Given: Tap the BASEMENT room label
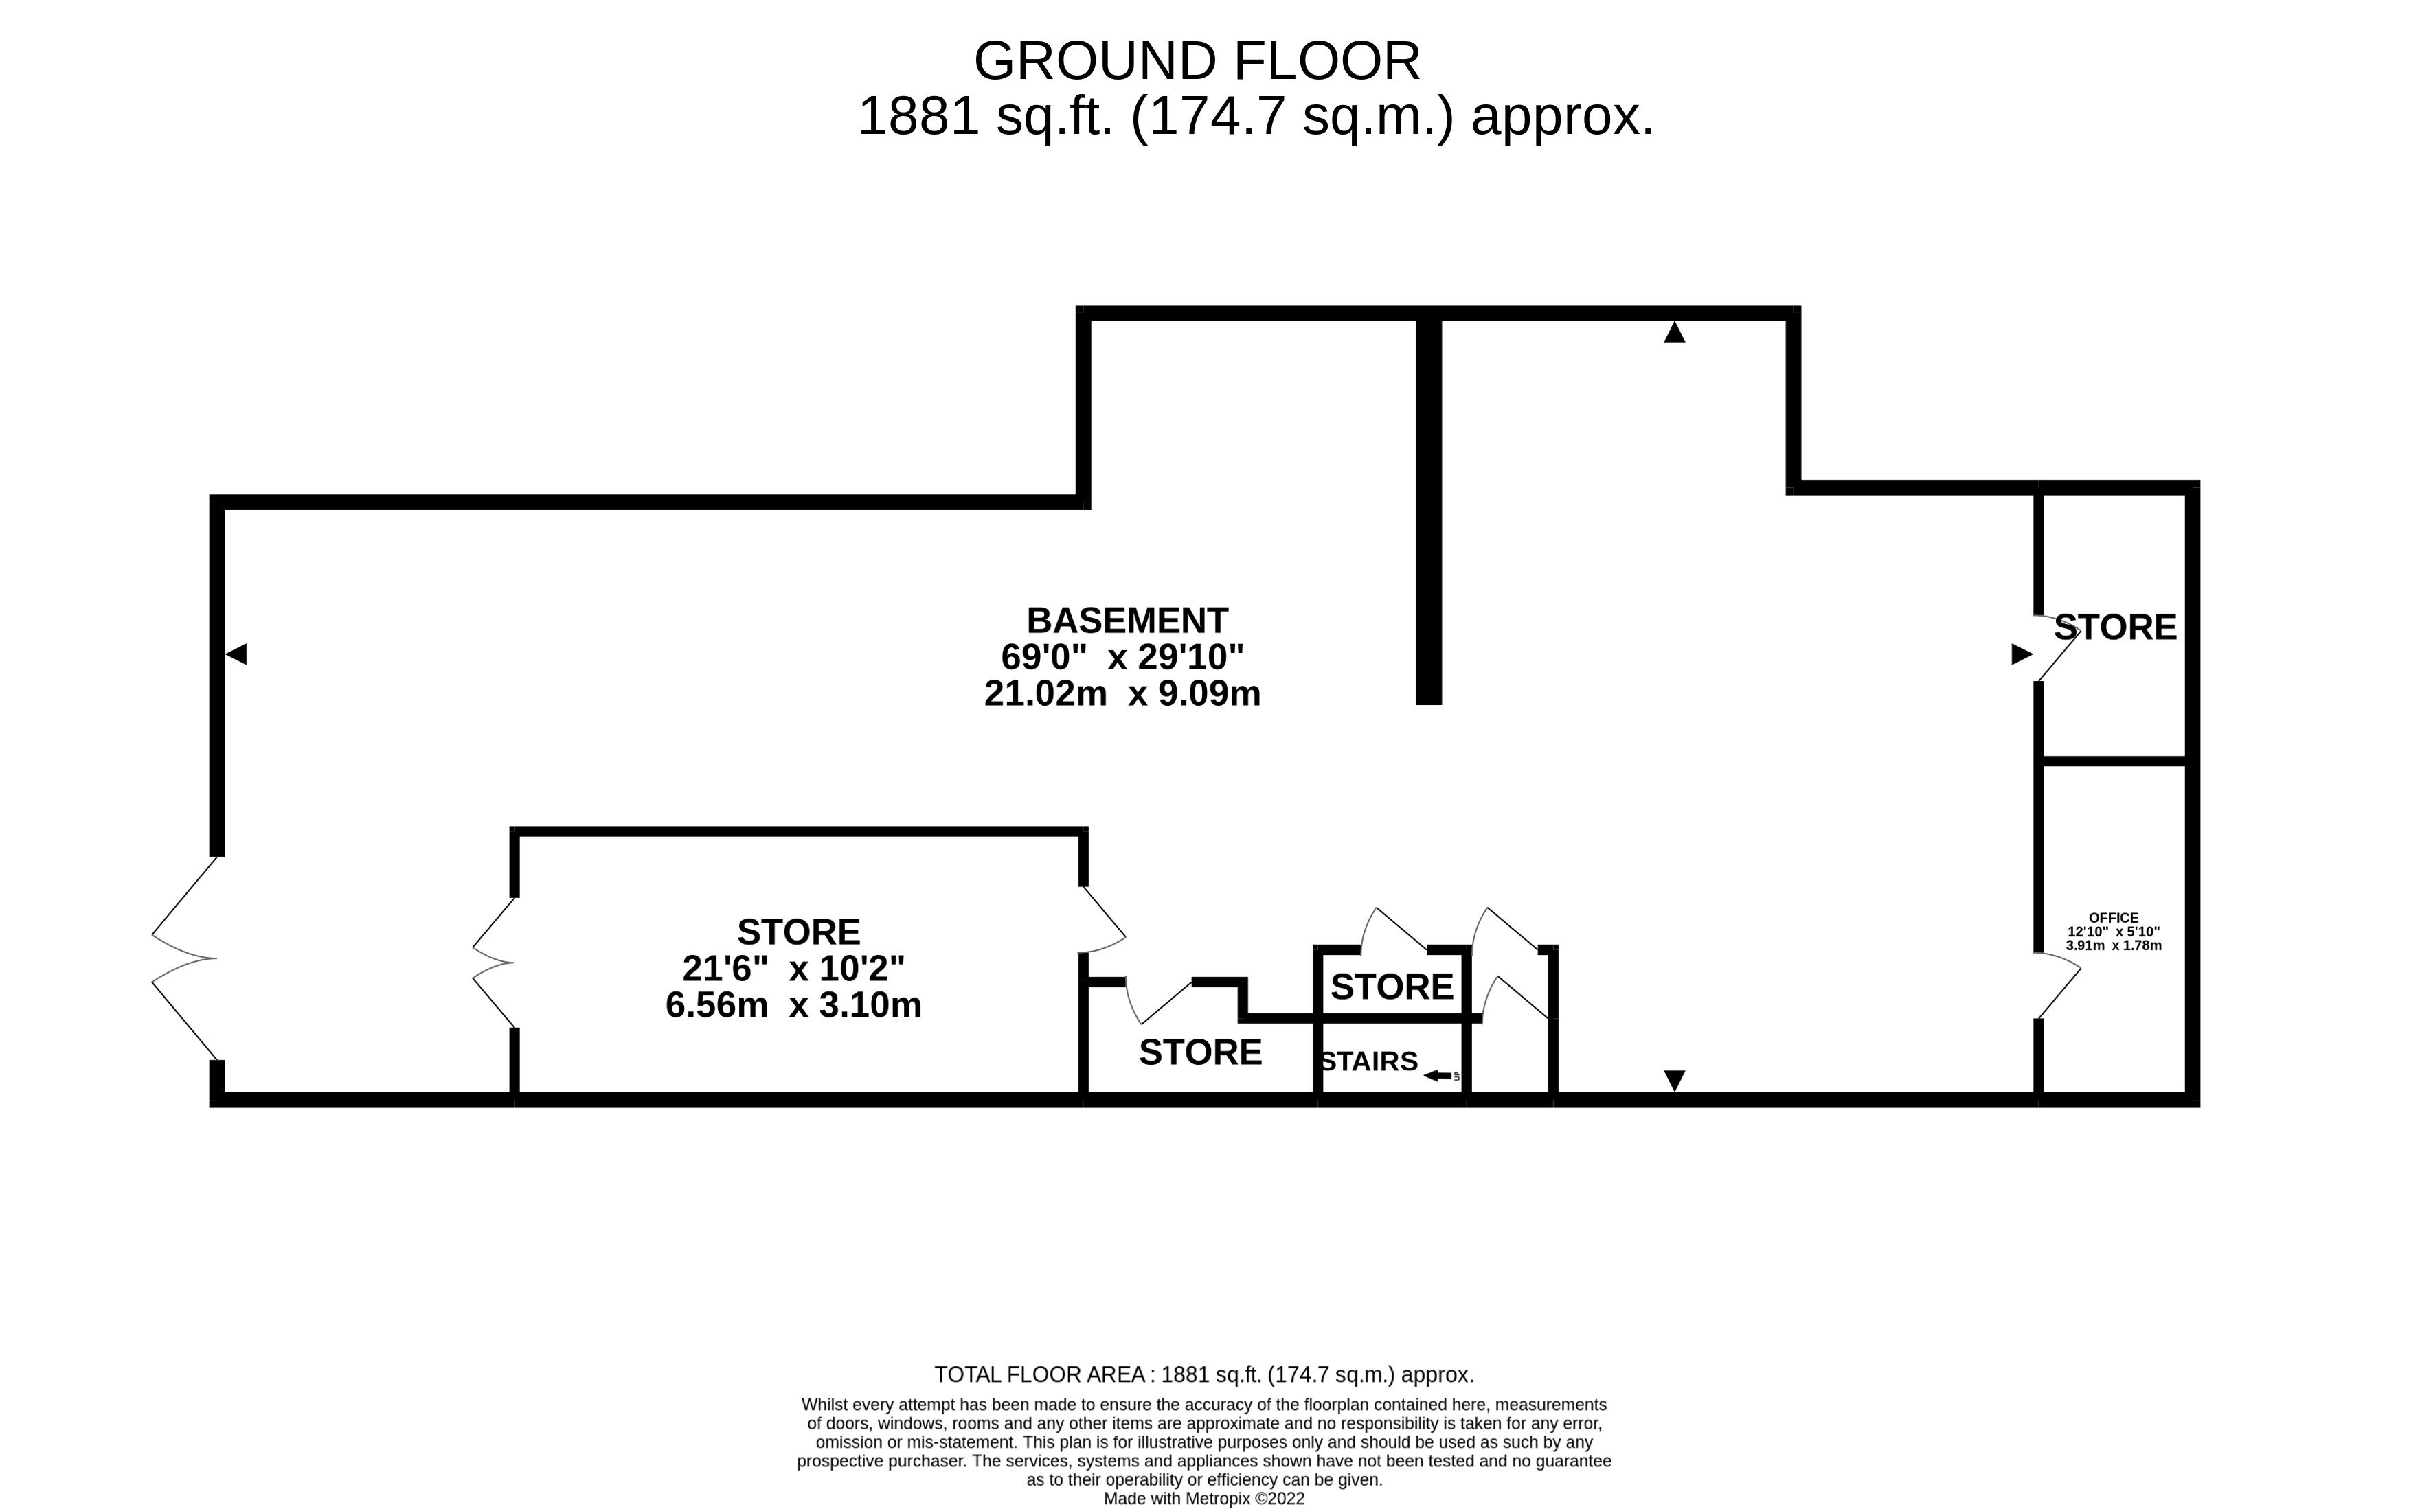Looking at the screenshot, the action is pos(1127,621).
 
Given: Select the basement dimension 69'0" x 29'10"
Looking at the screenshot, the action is pos(1122,657).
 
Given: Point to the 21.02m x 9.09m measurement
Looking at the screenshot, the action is pos(1122,693).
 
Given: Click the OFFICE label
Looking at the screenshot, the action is pos(2114,917).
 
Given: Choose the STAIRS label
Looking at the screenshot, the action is pos(1369,1061).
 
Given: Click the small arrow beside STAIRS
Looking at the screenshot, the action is pos(1438,1075).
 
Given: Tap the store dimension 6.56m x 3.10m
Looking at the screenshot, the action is pos(793,1004).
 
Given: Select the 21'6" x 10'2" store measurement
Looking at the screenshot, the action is pos(793,968).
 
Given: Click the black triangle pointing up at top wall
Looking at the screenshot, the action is pos(1674,332).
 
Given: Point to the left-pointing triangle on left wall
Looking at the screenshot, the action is pos(236,654).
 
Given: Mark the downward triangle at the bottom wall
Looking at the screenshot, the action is pos(1674,1080).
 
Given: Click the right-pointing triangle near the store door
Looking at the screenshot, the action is pos(2022,654).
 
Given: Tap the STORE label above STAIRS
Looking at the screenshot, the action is pos(1392,987).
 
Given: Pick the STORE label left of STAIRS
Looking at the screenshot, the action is pos(1200,1052).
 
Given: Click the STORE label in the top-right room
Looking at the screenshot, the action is pos(2114,627).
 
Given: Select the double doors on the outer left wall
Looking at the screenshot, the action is pos(185,958).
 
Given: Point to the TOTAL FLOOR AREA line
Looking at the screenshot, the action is pos(1204,1374).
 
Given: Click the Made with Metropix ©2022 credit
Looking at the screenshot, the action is pos(1204,1499).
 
